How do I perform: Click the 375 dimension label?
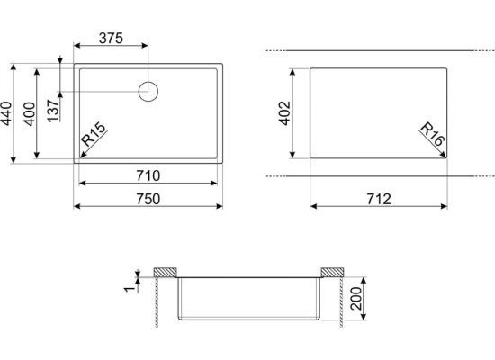click(111, 38)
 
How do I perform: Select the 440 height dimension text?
click(6, 113)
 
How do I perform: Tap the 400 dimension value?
click(30, 113)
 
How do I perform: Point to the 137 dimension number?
click(53, 111)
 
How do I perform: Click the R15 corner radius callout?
click(94, 134)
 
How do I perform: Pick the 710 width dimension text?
click(148, 175)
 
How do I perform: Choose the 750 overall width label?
click(148, 199)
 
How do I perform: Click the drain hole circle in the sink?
click(148, 82)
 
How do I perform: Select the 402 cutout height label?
click(284, 113)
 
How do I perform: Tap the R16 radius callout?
click(433, 134)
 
